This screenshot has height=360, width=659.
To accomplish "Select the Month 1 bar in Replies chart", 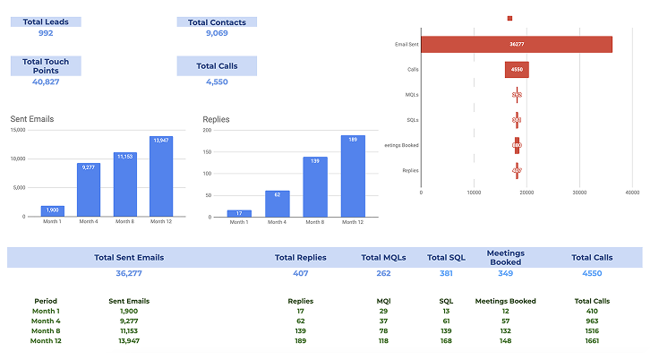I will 239,213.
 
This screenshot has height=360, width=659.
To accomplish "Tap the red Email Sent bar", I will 517,44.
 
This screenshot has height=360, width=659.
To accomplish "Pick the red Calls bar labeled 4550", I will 517,69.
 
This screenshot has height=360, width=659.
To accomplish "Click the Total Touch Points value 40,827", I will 46,81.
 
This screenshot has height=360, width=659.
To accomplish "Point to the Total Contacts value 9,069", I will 217,33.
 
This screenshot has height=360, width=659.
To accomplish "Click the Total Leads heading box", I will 46,21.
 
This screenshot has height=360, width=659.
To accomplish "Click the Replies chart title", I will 216,118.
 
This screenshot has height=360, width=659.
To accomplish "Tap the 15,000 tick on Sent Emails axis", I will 18,131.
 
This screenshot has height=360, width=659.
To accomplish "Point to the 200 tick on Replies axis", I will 207,131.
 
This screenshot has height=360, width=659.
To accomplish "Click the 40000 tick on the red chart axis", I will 632,192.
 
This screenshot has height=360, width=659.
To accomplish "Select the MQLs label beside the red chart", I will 412,94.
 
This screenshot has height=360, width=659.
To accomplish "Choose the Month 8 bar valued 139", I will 315,187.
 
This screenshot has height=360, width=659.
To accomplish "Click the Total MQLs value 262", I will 383,272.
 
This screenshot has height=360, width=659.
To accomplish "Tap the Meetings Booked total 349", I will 505,272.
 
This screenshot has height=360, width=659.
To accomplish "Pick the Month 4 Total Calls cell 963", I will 592,321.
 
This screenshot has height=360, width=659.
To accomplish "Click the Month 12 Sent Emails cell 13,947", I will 128,340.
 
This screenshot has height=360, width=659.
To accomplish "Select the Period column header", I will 46,301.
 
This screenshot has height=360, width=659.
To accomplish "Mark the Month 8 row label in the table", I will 46,330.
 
